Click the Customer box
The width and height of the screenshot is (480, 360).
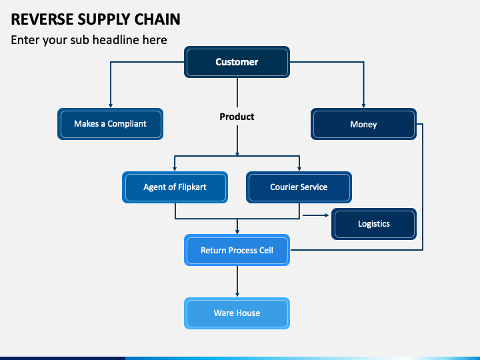coord(237,62)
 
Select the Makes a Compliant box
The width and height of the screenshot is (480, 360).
coord(110,124)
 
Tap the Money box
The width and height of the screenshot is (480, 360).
coord(363,124)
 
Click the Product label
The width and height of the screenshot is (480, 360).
coord(237,117)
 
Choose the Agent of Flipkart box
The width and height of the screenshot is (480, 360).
coord(175,187)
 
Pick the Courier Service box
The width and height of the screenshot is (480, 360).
coord(299,187)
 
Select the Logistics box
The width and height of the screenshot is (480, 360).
coord(374,224)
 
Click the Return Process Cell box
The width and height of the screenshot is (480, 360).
coord(237,250)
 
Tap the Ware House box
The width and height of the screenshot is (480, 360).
coord(237,313)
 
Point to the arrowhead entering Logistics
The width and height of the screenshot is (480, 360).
coord(327,215)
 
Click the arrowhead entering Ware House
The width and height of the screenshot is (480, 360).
coord(237,295)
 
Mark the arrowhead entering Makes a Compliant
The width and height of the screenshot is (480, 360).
coord(111,105)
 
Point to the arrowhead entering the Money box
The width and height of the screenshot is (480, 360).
coord(364,105)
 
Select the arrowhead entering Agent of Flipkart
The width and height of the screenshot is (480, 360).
coord(175,169)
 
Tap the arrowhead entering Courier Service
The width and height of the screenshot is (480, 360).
coord(299,169)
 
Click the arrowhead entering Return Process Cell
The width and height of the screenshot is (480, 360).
coord(237,232)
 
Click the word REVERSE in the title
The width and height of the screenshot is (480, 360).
coord(42,19)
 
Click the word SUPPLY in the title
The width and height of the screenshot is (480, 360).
coord(104,19)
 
